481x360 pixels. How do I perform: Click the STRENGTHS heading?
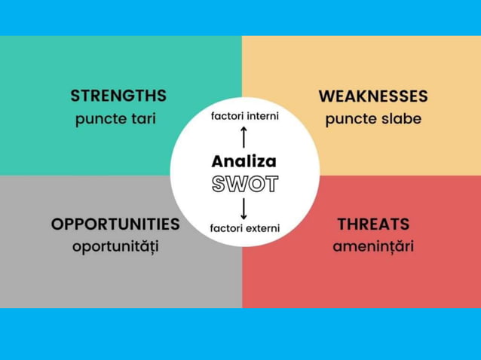[x=118, y=96]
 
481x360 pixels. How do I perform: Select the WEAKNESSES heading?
[x=372, y=96]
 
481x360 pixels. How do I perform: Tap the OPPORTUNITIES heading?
[x=115, y=224]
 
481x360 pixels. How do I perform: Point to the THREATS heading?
[x=373, y=224]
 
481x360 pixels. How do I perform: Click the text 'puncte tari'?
[x=115, y=120]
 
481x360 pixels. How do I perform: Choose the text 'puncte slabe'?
[x=373, y=120]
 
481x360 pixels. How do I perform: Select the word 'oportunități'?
[x=115, y=247]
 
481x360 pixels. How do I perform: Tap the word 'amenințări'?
[x=373, y=247]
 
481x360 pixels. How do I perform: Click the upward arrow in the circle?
[x=244, y=137]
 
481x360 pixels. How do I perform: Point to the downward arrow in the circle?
[x=244, y=207]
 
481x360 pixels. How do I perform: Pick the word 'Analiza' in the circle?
[x=244, y=161]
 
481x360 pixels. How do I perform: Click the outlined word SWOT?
[x=244, y=184]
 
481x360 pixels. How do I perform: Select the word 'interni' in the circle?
[x=262, y=116]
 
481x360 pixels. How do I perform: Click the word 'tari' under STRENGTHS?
[x=142, y=120]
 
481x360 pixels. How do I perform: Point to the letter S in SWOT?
[x=219, y=184]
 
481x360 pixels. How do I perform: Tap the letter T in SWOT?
[x=270, y=184]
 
